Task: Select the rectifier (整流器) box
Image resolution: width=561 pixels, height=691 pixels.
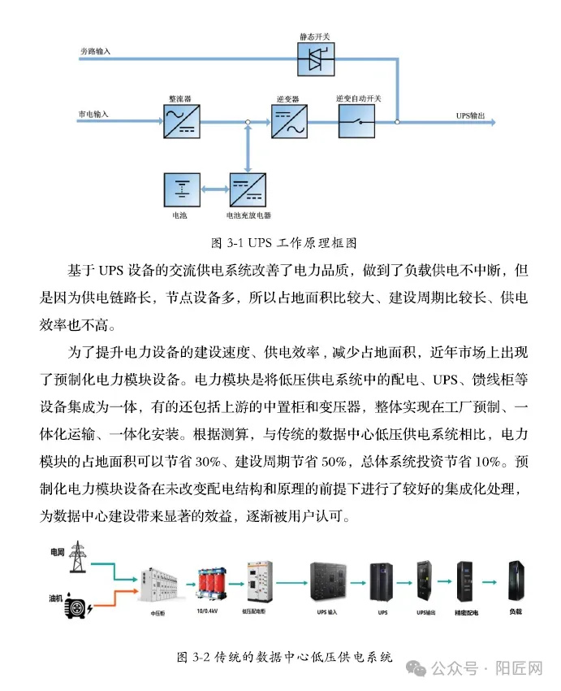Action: click(x=179, y=121)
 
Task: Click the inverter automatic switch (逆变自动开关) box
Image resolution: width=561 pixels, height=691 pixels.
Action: click(x=358, y=121)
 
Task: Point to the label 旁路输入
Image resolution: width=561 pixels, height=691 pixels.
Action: click(x=95, y=51)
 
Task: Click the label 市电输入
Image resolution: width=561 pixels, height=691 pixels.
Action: click(x=93, y=114)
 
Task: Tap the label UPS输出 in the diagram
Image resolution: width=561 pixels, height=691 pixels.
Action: click(x=470, y=116)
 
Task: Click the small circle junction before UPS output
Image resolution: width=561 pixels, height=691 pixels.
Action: click(x=397, y=122)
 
